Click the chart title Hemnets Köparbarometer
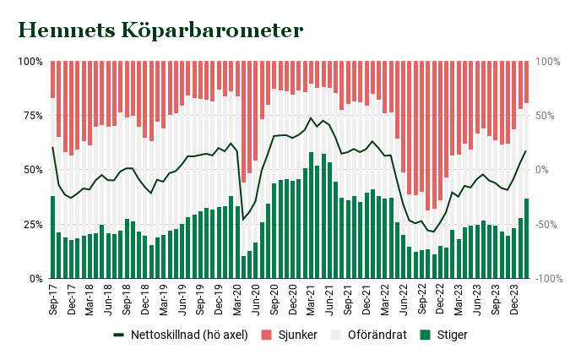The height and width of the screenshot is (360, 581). pyautogui.click(x=160, y=30)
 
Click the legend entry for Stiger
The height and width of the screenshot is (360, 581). pyautogui.click(x=452, y=335)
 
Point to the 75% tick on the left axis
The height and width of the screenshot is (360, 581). pyautogui.click(x=31, y=116)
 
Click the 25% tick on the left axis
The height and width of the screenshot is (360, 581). pyautogui.click(x=31, y=224)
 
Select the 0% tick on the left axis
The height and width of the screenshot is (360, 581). pyautogui.click(x=35, y=278)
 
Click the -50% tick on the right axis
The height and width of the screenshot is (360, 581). pyautogui.click(x=546, y=224)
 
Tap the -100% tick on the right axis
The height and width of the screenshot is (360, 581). pyautogui.click(x=548, y=278)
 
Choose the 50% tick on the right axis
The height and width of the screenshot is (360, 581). pyautogui.click(x=545, y=116)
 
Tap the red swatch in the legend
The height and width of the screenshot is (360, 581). pyautogui.click(x=264, y=335)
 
